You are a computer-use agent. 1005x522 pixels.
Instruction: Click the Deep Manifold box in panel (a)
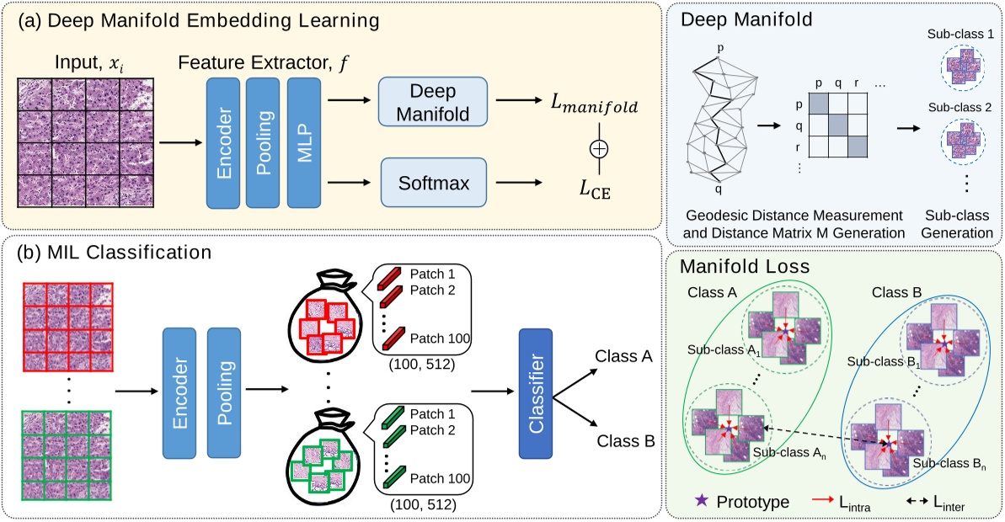(433, 102)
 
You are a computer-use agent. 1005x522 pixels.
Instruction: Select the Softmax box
(433, 182)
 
